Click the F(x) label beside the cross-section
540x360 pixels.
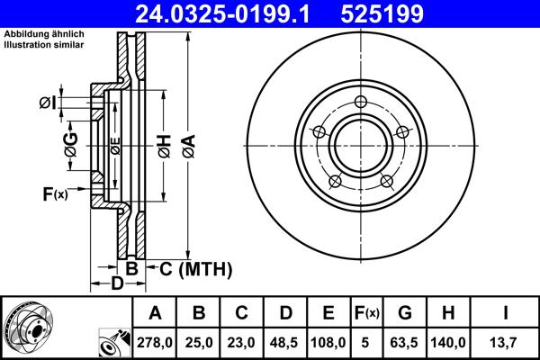[54, 193]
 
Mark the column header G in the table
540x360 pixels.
[405, 312]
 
